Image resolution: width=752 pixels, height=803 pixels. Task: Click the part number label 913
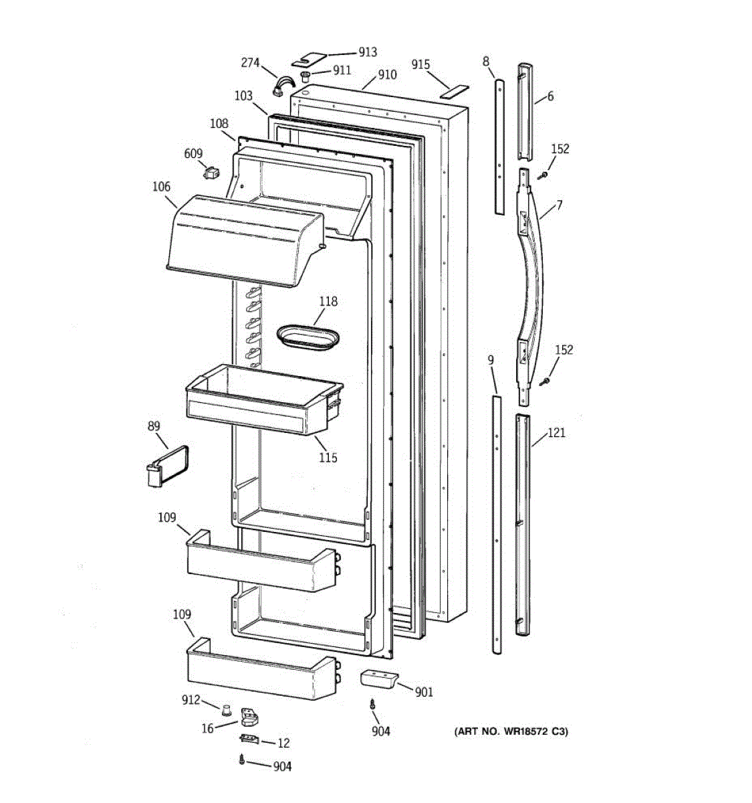(x=367, y=52)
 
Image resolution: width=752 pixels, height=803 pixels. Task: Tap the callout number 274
(x=250, y=64)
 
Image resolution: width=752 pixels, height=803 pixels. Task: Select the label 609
(x=193, y=155)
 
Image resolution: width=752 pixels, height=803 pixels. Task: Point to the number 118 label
(x=328, y=301)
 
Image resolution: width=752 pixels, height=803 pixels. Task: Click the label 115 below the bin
(x=328, y=458)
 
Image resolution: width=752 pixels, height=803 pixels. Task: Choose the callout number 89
(x=154, y=426)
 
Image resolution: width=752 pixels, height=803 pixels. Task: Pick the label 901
(x=424, y=693)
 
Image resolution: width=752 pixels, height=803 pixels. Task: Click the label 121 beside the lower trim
(x=556, y=433)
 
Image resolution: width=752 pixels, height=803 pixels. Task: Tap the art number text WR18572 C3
(x=511, y=732)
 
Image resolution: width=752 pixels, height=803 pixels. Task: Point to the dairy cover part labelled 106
(x=242, y=240)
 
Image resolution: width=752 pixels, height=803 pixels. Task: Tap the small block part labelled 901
(x=378, y=679)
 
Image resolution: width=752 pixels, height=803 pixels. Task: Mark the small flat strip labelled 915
(x=455, y=90)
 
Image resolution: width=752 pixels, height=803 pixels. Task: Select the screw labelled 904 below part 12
(x=241, y=760)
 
